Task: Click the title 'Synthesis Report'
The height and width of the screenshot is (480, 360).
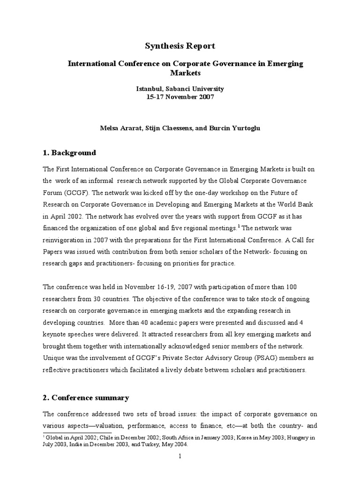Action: pos(180,46)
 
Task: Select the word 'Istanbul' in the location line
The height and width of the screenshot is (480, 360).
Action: pos(148,89)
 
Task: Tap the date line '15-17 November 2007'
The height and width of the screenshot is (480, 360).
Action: pos(180,97)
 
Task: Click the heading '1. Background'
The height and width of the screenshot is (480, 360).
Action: pos(69,153)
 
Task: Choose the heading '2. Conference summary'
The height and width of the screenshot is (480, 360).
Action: pos(86,398)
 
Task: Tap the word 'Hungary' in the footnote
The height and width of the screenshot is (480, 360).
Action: pos(289,437)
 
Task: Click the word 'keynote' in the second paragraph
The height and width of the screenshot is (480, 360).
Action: pos(56,335)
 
